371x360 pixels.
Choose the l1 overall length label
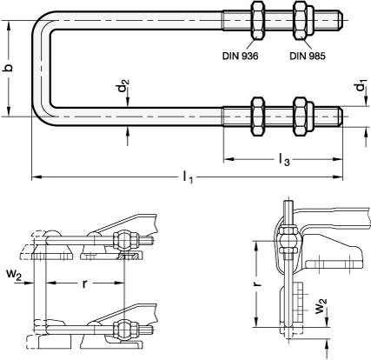click(187, 177)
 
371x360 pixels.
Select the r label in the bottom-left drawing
click(84, 283)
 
